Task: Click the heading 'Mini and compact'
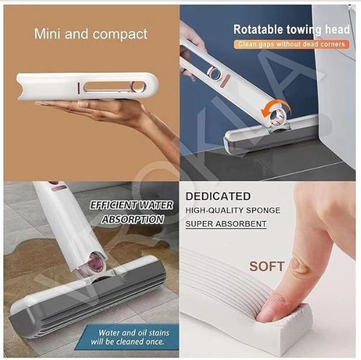tap(90, 34)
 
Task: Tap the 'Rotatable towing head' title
tap(292, 29)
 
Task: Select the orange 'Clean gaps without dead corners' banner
tap(292, 44)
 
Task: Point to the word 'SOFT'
tap(267, 265)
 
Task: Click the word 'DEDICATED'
tap(218, 196)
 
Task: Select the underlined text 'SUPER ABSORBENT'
tap(226, 224)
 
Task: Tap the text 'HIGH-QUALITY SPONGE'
tap(233, 210)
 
